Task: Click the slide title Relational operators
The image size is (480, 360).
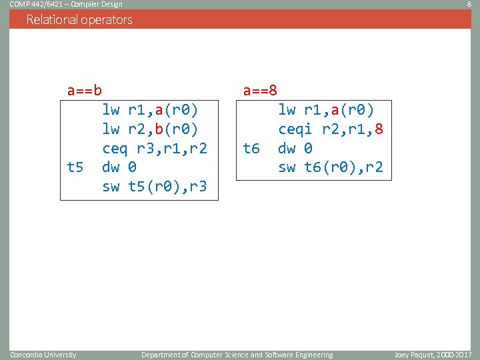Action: point(79,19)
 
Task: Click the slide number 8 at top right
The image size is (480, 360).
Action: point(469,5)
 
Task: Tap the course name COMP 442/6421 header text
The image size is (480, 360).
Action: point(65,5)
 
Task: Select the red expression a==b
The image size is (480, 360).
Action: point(85,89)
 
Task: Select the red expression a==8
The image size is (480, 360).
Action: point(261,89)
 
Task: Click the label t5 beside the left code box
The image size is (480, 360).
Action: point(75,167)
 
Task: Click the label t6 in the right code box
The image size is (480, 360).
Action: point(251,148)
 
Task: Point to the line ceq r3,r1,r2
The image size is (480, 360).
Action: point(155,147)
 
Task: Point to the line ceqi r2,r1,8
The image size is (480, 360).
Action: point(331,128)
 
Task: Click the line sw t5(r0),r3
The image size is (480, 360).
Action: point(155,187)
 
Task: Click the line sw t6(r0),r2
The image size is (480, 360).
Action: point(331,167)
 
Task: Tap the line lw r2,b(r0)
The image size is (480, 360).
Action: point(150,128)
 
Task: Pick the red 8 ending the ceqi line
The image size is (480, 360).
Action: point(379,128)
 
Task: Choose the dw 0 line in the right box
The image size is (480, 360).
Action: point(295,148)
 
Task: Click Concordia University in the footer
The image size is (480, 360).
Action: point(43,355)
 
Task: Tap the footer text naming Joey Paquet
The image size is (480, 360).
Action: point(433,355)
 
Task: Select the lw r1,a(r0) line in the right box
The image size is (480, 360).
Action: point(326,109)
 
